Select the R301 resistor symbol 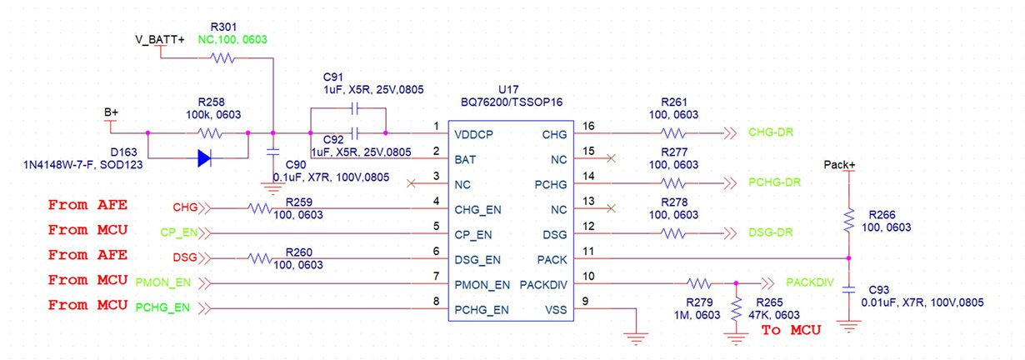[223, 58]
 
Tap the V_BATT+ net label [160, 39]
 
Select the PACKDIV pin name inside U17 [545, 284]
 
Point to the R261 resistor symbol [672, 132]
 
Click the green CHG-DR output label [774, 132]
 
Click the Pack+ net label [839, 165]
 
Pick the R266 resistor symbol [848, 221]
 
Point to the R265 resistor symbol [737, 311]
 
